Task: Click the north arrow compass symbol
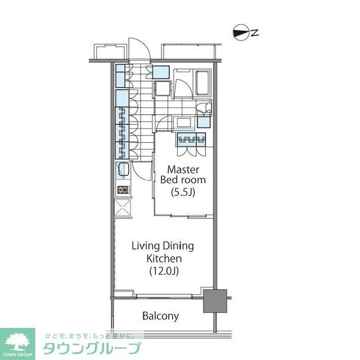point(240,34)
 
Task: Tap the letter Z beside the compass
point(254,34)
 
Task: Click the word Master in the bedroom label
point(181,169)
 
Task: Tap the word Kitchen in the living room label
point(164,259)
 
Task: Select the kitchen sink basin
point(123,170)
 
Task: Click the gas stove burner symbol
point(123,190)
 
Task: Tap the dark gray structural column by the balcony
point(215,301)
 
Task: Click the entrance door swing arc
point(139,48)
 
